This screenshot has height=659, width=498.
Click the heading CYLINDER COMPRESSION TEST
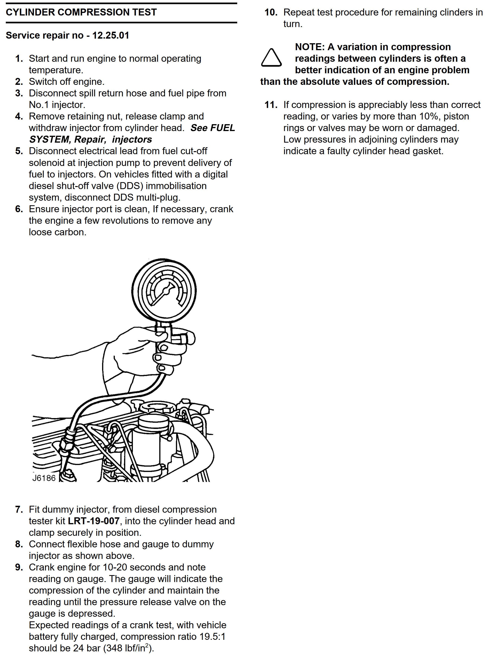click(x=81, y=12)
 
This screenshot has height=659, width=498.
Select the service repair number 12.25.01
click(x=111, y=35)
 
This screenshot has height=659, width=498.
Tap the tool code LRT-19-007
click(x=94, y=521)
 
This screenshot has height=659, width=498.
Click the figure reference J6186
click(x=44, y=478)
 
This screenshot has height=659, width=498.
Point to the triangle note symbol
click(x=271, y=58)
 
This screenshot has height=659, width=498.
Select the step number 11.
click(x=271, y=105)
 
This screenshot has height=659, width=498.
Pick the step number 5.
click(x=19, y=151)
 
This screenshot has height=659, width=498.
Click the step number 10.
click(x=271, y=12)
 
